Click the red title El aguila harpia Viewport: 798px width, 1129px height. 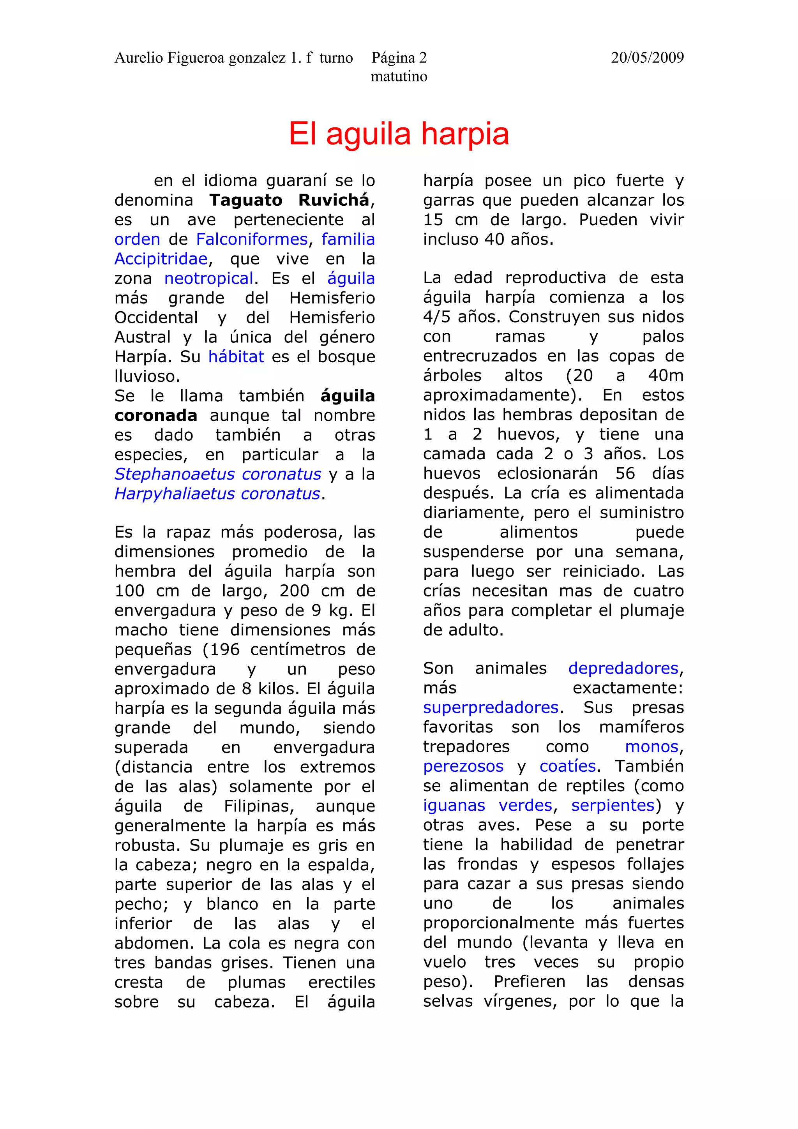coord(398,134)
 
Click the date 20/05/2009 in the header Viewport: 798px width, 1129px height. coord(647,58)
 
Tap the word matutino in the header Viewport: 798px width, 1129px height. coord(399,77)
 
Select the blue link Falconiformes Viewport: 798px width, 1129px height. coord(252,240)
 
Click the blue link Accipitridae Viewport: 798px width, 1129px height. coord(161,259)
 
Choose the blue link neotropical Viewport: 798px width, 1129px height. coord(208,279)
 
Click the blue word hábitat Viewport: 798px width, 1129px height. coord(236,357)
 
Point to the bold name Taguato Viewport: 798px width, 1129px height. coord(245,201)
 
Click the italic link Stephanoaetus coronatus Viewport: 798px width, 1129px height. coord(217,475)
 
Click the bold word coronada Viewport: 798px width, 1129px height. coord(155,416)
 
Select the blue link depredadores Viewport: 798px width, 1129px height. coord(623,669)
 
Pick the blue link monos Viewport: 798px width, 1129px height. coord(651,747)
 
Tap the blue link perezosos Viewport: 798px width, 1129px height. coord(463,767)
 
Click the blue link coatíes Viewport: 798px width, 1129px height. coord(567,767)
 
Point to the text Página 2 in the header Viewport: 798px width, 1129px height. coord(399,58)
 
